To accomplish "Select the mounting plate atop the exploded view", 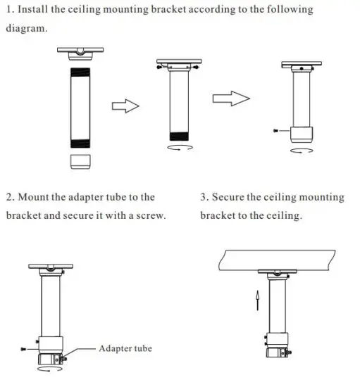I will [x=81, y=52].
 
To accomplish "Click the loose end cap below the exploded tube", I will [x=81, y=161].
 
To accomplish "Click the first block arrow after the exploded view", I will [x=124, y=105].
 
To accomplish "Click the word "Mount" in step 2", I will [x=36, y=197].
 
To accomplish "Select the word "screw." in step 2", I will [x=150, y=215].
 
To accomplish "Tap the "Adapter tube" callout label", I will [x=125, y=348].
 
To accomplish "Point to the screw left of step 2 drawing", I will [x=25, y=349].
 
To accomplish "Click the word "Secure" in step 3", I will [x=235, y=197].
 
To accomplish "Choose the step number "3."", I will [x=205, y=197].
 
